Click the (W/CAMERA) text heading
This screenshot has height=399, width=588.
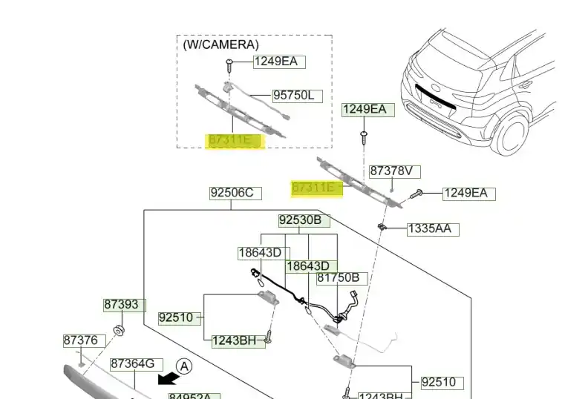[221, 44]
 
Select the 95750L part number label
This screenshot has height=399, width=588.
[297, 96]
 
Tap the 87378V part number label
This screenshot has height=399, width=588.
[394, 171]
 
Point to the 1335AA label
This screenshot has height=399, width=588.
[429, 229]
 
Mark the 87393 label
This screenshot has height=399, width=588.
[121, 305]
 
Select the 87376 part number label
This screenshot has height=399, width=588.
[80, 340]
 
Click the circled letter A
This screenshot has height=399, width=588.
[185, 366]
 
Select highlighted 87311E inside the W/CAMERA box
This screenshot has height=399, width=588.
[234, 139]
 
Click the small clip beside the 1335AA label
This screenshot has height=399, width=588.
[382, 226]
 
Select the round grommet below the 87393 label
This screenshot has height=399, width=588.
[117, 329]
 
